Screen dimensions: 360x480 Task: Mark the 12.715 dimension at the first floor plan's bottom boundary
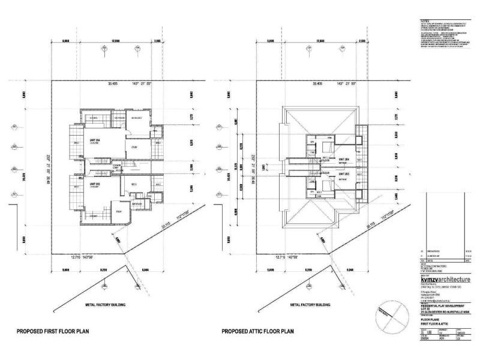click(76, 256)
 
